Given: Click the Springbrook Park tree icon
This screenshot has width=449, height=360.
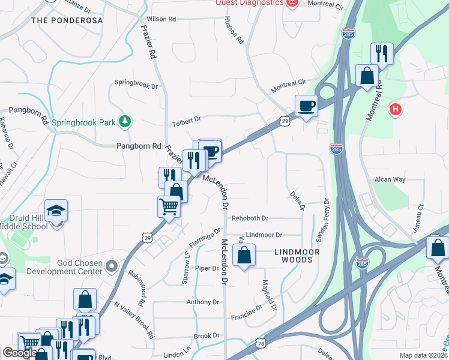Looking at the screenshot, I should click(125, 122).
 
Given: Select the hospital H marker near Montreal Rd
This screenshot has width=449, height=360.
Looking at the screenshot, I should click(395, 109).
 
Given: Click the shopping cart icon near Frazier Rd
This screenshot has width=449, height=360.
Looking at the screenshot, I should click(169, 207).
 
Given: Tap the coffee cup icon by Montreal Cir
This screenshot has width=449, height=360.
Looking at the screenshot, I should click(307, 106).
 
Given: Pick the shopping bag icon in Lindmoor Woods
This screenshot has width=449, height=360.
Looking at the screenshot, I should click(244, 256).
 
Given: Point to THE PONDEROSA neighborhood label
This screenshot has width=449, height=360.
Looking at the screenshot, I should click(67, 20).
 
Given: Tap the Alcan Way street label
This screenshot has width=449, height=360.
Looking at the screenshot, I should click(390, 179).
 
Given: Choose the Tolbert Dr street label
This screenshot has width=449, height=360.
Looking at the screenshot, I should click(186, 120).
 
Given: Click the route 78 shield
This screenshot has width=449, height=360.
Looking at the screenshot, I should click(261, 343).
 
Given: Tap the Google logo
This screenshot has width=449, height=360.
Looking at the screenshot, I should click(20, 353).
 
